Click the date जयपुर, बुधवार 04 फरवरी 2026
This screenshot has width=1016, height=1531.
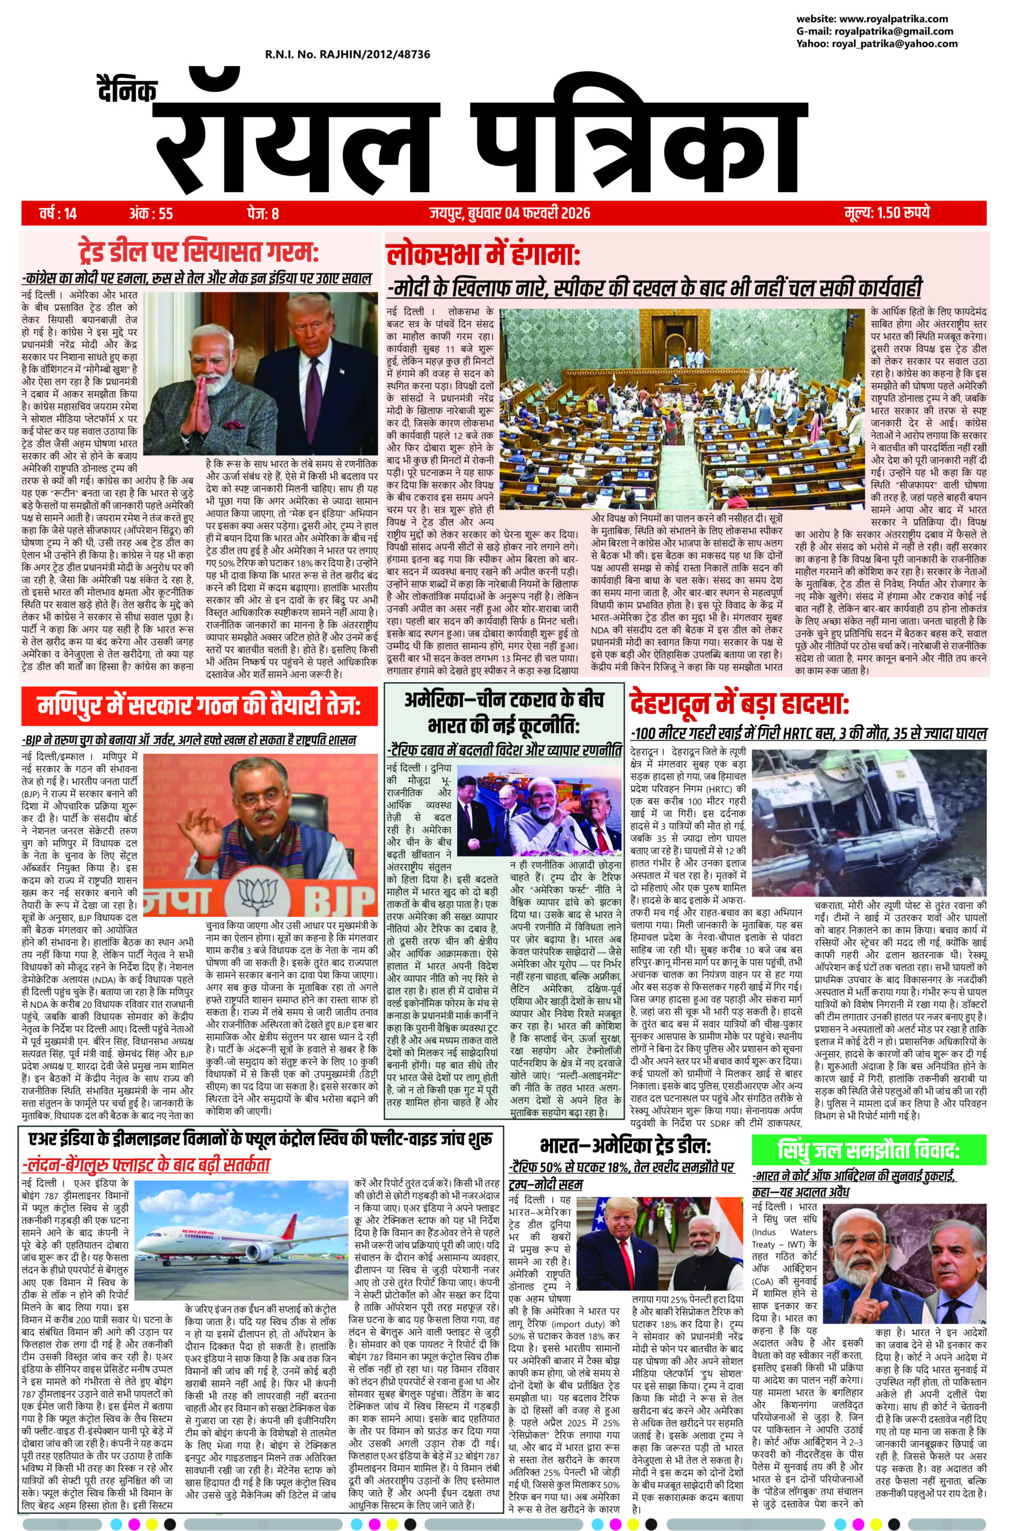point(509,212)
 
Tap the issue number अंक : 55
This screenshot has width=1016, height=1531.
point(151,212)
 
